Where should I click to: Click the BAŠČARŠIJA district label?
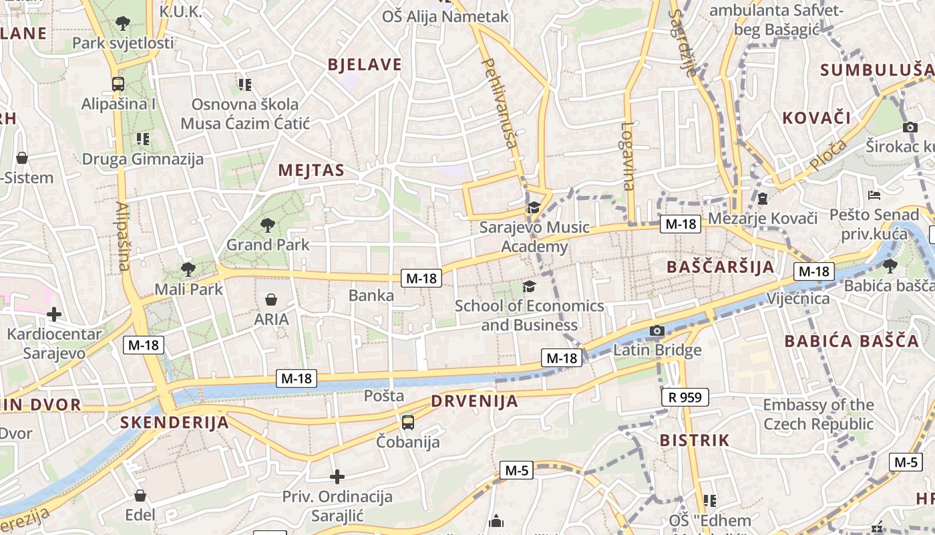click(721, 267)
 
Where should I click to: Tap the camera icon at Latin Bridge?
click(657, 331)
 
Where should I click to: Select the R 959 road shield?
click(685, 397)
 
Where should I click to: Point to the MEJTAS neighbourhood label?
click(311, 170)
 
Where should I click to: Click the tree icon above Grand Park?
click(268, 225)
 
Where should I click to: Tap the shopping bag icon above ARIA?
click(271, 299)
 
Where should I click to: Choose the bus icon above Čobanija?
click(408, 422)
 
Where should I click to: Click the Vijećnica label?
click(798, 298)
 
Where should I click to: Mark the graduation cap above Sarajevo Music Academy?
click(534, 207)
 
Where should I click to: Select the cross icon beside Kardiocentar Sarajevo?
click(54, 314)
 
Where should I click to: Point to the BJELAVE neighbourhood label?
click(365, 64)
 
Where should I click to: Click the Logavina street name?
click(628, 156)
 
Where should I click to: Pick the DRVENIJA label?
click(474, 401)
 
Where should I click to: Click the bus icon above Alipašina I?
click(118, 84)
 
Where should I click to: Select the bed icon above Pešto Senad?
click(874, 195)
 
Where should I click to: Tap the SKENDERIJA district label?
click(174, 422)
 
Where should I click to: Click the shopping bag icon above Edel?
click(140, 496)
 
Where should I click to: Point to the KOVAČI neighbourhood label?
click(816, 118)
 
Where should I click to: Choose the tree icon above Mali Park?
click(188, 270)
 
